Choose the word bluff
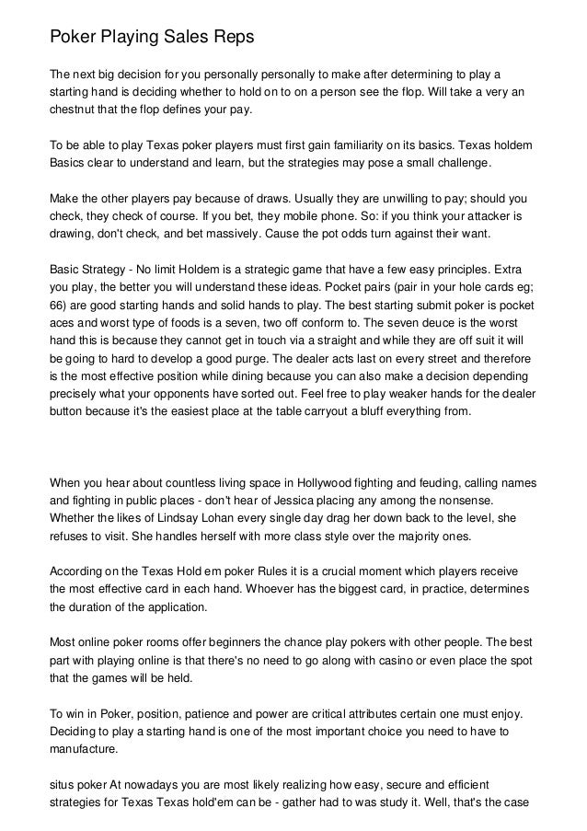pyautogui.click(x=356, y=410)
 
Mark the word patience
pyautogui.click(x=210, y=713)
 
